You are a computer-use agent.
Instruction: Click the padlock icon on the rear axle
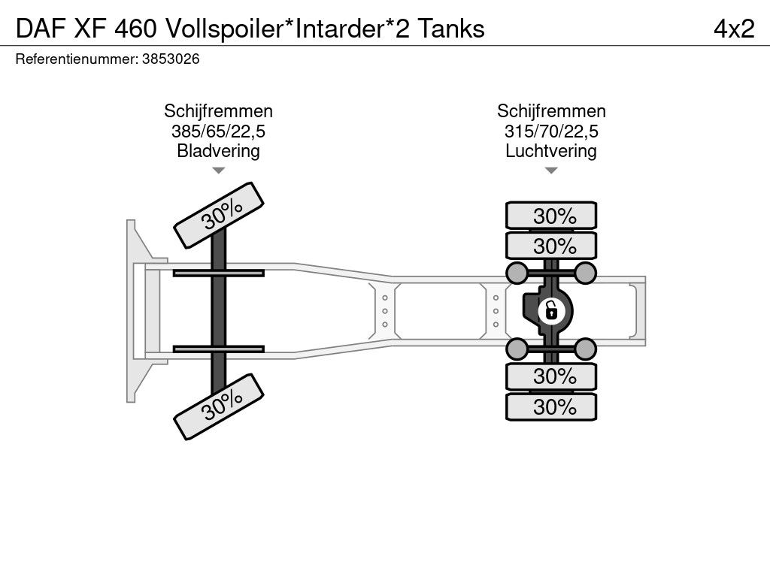pyautogui.click(x=551, y=309)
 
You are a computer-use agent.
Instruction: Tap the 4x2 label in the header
pyautogui.click(x=734, y=29)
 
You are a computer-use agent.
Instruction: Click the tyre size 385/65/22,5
pyautogui.click(x=218, y=131)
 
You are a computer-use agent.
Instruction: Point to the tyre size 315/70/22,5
pyautogui.click(x=551, y=131)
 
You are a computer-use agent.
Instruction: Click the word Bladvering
pyautogui.click(x=218, y=151)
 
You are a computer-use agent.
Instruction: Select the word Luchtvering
pyautogui.click(x=551, y=151)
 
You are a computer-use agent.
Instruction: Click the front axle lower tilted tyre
pyautogui.click(x=220, y=408)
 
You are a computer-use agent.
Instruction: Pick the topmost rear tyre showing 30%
pyautogui.click(x=551, y=216)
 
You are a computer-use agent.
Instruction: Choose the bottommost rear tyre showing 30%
pyautogui.click(x=551, y=407)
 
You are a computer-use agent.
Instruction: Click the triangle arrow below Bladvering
pyautogui.click(x=218, y=171)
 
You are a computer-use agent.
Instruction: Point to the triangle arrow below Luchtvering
pyautogui.click(x=551, y=171)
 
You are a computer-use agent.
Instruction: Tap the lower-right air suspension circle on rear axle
pyautogui.click(x=586, y=348)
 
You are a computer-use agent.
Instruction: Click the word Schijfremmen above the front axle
pyautogui.click(x=218, y=111)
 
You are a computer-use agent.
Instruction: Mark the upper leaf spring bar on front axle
pyautogui.click(x=218, y=273)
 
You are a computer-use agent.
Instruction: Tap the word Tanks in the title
pyautogui.click(x=450, y=29)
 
